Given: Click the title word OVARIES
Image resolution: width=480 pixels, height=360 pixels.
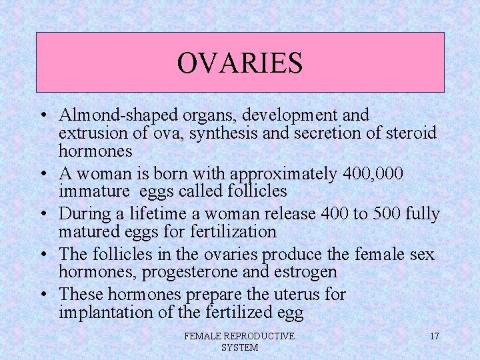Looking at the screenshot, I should [240, 63].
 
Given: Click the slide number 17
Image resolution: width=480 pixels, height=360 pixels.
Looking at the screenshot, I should [434, 336].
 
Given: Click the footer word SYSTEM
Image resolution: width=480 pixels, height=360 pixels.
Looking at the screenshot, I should [239, 347].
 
